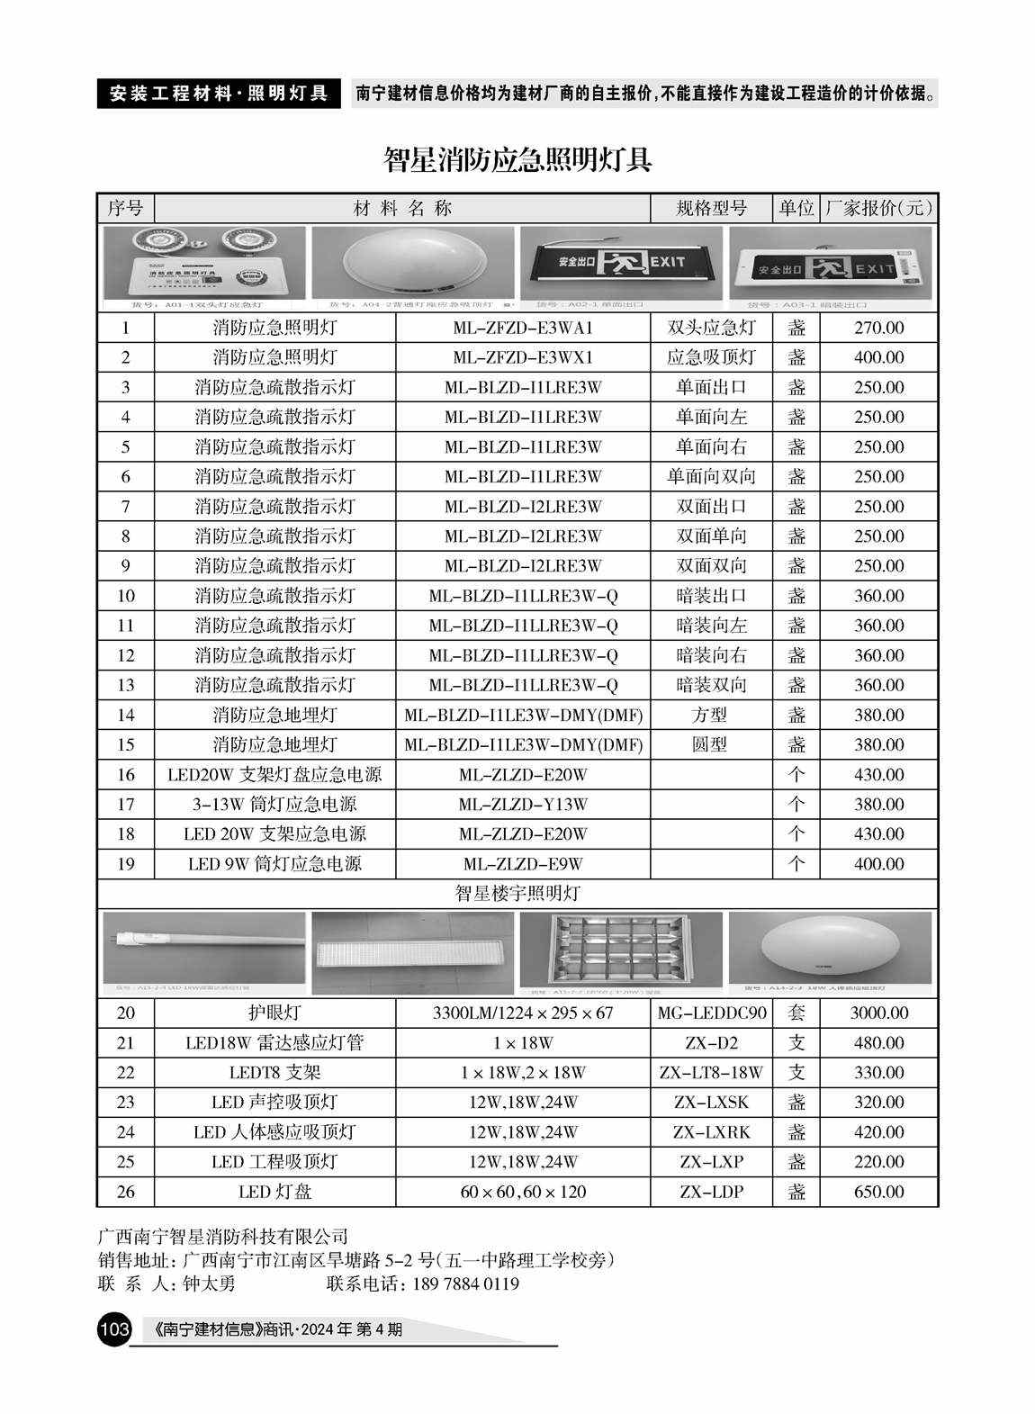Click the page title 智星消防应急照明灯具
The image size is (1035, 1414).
tap(517, 160)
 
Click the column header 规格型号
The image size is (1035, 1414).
tap(711, 209)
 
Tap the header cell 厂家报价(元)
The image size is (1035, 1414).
tap(878, 209)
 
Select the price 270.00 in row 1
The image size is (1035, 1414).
tap(878, 328)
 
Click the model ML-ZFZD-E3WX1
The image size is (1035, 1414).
tap(522, 357)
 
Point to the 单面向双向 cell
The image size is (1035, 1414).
tap(711, 476)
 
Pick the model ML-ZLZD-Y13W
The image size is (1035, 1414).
tap(522, 804)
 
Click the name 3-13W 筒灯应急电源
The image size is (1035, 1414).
tap(274, 804)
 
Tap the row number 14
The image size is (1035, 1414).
tap(125, 715)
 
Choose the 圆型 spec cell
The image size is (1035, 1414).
tap(711, 744)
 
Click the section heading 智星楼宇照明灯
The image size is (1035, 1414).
tap(517, 893)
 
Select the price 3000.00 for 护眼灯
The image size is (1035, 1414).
tap(878, 1013)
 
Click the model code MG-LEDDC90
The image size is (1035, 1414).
tap(711, 1013)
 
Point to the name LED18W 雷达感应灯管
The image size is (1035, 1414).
tap(274, 1042)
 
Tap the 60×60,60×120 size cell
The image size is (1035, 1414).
tap(522, 1192)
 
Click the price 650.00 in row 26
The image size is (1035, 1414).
tap(878, 1192)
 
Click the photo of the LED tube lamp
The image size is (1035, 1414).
tap(204, 947)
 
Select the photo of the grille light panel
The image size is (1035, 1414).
tap(621, 947)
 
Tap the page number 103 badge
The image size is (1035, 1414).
tap(114, 1328)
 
